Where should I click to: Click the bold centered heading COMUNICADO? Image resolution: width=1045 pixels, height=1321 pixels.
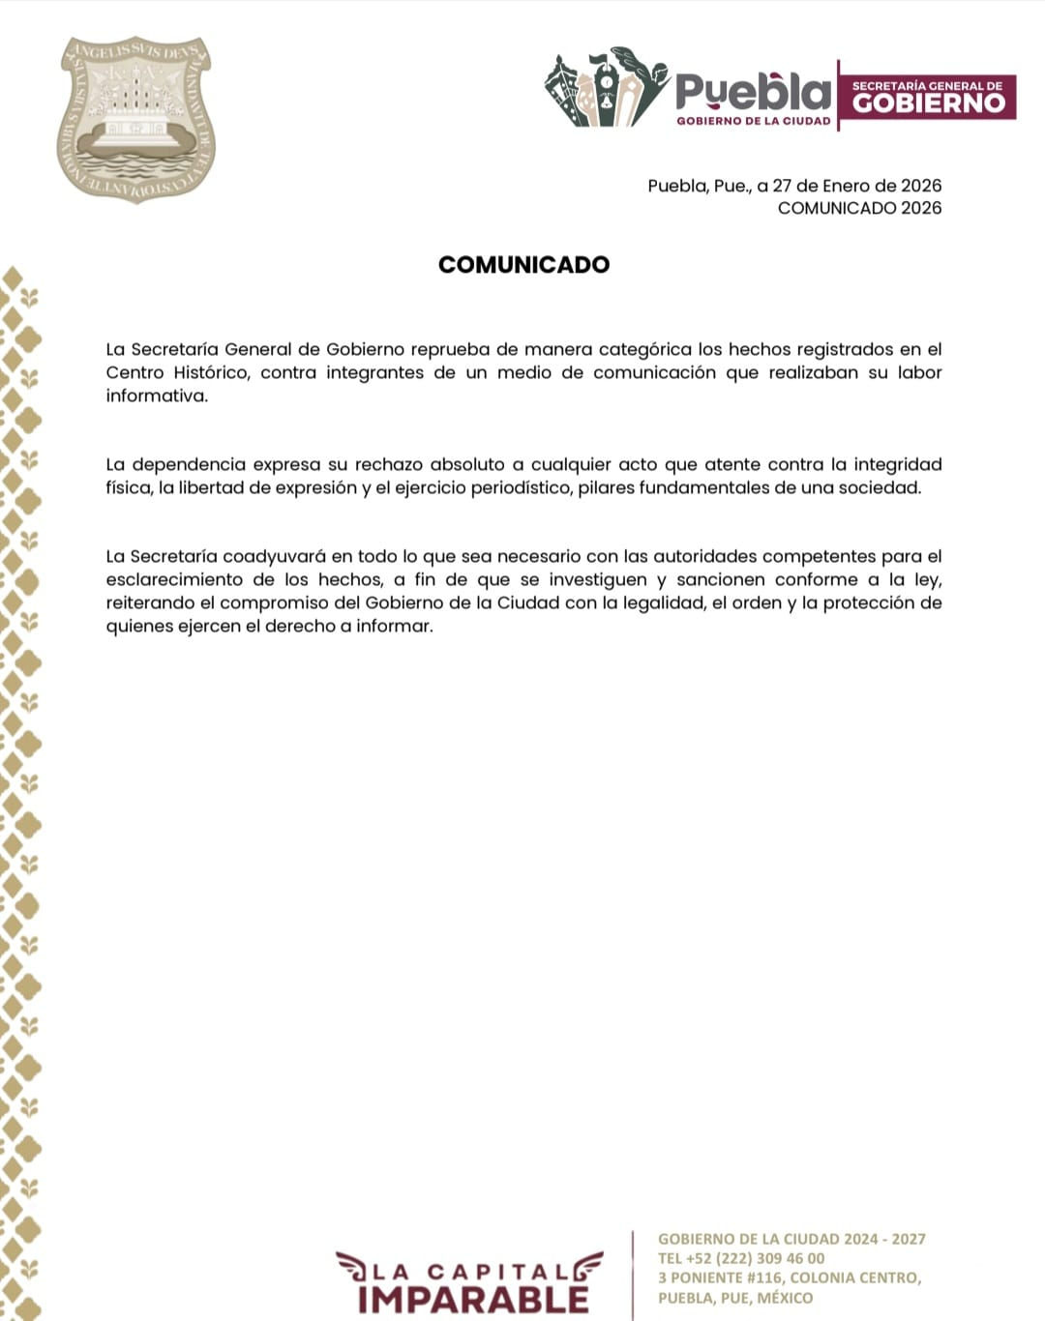click(x=523, y=265)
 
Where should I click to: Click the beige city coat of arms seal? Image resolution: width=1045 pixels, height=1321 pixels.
click(x=135, y=119)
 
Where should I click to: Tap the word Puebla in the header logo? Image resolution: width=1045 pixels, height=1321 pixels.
click(x=753, y=93)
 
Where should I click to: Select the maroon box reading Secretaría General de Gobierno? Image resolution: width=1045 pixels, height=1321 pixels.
click(x=927, y=96)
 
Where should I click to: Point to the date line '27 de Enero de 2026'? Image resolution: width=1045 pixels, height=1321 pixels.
click(x=856, y=186)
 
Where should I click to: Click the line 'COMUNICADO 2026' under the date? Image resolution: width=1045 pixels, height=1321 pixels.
click(x=859, y=208)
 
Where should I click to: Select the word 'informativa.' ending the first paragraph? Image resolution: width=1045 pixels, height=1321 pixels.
click(x=157, y=396)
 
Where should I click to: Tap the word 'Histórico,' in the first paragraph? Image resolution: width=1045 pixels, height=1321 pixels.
click(x=211, y=372)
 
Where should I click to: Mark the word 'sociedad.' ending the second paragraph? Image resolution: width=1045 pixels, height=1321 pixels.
click(x=881, y=487)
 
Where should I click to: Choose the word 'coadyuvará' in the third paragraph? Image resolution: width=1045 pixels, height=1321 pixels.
click(x=274, y=556)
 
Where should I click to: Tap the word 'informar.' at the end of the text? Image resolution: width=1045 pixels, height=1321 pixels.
click(x=395, y=626)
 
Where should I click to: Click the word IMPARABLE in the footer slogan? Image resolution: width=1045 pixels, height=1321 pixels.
click(x=473, y=1299)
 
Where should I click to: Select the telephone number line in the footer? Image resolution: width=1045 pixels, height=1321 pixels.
click(x=741, y=1258)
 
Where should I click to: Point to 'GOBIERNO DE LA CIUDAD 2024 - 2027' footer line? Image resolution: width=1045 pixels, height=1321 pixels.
click(x=791, y=1239)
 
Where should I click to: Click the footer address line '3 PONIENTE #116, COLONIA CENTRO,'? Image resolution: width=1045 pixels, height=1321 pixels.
click(x=790, y=1277)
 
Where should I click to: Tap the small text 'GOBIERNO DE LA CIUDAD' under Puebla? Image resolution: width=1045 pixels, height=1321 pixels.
click(x=753, y=121)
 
